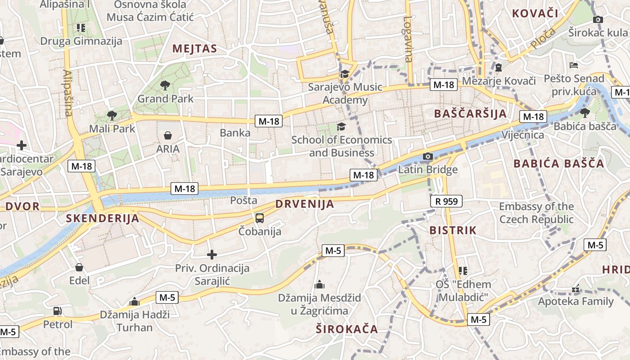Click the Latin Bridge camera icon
[x=427, y=157]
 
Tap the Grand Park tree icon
[x=165, y=85]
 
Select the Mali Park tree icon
[x=112, y=115]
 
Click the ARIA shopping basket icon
[x=168, y=135]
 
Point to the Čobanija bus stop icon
[x=260, y=218]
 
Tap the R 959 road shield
[x=446, y=201]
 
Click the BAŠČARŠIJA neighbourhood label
[x=470, y=113]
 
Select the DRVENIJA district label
[x=305, y=204]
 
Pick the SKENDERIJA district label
[x=103, y=219]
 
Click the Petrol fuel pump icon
[x=58, y=311]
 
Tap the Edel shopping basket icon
[x=79, y=267]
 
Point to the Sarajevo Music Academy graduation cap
[x=345, y=74]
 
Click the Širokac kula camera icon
[x=598, y=19]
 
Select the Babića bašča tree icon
[x=585, y=112]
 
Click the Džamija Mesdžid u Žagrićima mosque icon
[x=319, y=284]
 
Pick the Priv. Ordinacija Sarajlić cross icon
[x=211, y=255]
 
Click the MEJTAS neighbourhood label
[x=194, y=49]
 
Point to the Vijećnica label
[x=522, y=135]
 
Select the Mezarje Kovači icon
[x=499, y=68]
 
